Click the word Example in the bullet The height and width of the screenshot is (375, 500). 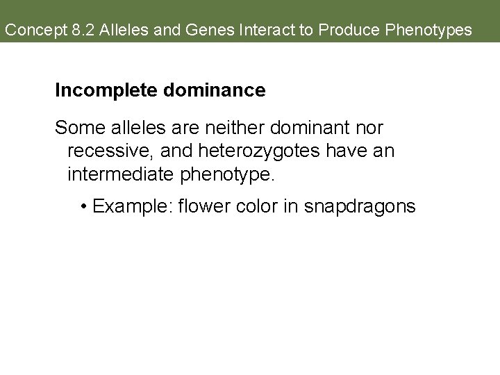coord(131,206)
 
